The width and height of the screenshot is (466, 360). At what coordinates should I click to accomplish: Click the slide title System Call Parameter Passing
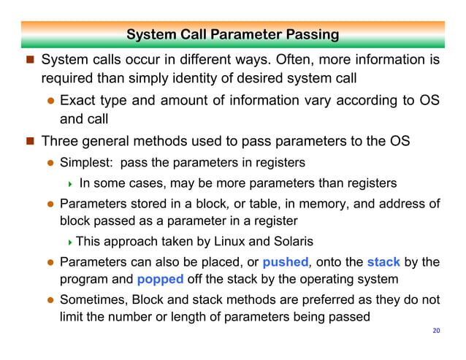tap(232, 34)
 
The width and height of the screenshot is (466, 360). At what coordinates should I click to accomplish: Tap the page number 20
tap(437, 332)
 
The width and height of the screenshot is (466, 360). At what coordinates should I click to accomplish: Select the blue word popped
tap(159, 279)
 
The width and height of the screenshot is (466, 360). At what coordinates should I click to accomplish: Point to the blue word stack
tap(383, 261)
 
